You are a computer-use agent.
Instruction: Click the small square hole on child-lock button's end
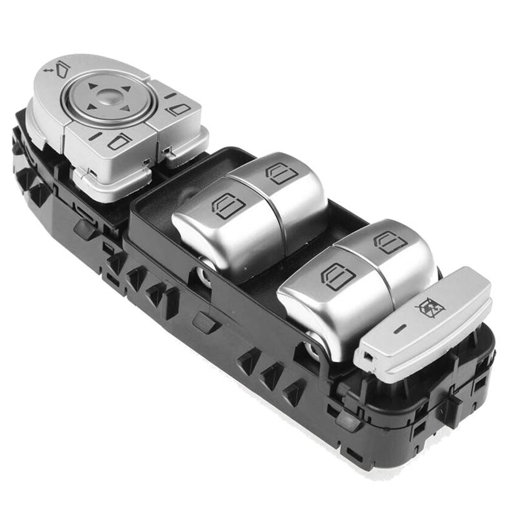(x=366, y=357)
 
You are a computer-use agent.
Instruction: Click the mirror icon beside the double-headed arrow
(x=63, y=67)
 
